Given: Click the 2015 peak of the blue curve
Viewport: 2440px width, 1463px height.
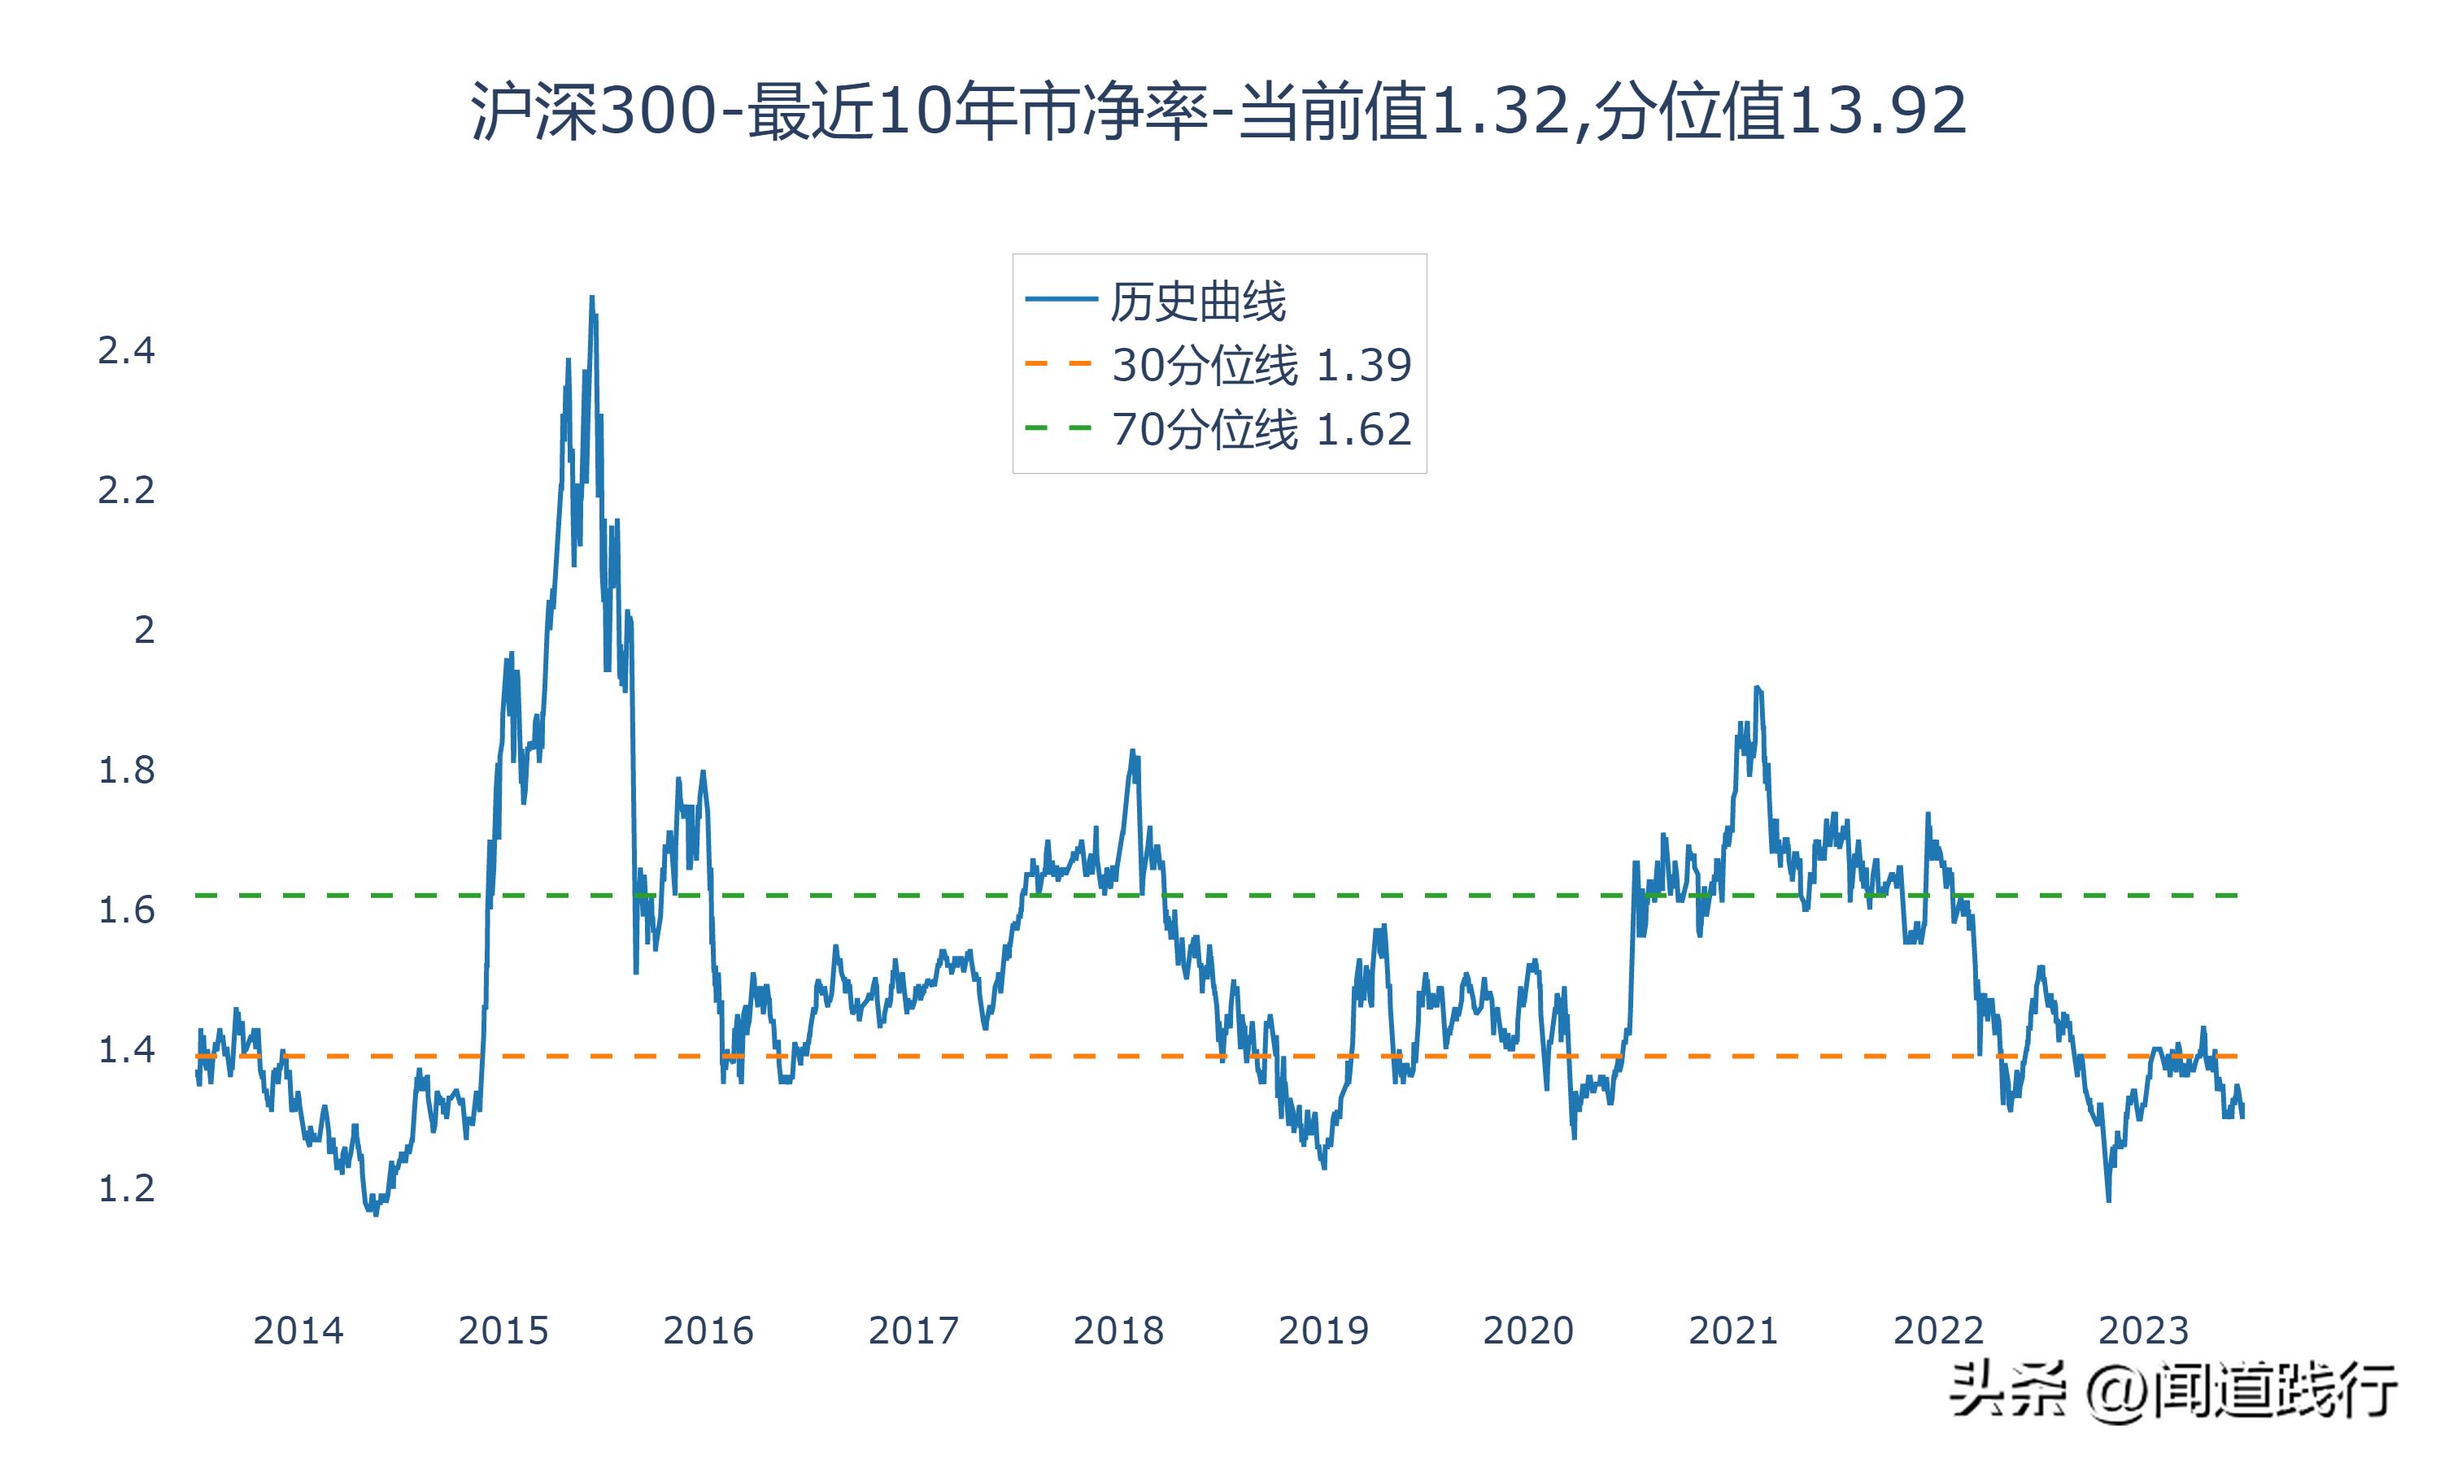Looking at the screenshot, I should tap(592, 297).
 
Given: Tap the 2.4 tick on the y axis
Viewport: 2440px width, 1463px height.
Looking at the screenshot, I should tap(126, 351).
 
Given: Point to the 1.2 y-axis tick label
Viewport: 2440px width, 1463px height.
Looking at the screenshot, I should tap(126, 1189).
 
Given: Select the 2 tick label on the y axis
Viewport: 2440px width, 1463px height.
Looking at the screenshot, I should tap(144, 629).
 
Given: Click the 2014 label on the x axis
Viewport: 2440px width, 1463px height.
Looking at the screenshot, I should tap(298, 1331).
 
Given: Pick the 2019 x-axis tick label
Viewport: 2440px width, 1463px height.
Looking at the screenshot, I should tap(1323, 1331).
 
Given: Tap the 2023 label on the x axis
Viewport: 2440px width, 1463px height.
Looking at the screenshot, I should tap(2143, 1331).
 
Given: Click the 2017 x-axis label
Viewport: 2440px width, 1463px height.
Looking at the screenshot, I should tap(913, 1331).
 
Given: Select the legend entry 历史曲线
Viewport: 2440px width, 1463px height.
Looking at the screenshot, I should tap(1198, 302).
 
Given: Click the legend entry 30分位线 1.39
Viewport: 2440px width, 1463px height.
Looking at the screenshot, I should tap(1261, 366).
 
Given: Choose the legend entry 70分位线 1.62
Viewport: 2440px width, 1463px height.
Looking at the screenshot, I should tap(1261, 430).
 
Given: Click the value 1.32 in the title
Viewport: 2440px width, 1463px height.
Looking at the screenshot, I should tap(1499, 111).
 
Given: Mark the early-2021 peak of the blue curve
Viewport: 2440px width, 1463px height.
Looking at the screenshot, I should tap(1757, 688).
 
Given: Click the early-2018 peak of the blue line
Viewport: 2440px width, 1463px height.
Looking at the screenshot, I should tap(1133, 751).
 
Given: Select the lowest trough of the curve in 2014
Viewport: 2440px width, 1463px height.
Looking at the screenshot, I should tap(376, 1213).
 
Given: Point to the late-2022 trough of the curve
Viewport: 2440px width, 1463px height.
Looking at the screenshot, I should tap(2109, 1200).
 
